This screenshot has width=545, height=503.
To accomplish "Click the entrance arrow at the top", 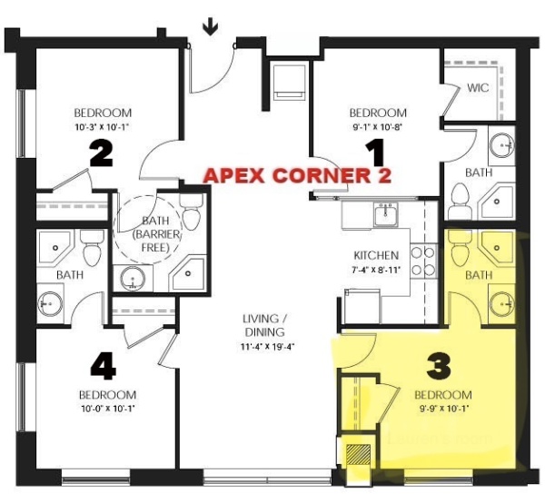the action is click(x=211, y=28).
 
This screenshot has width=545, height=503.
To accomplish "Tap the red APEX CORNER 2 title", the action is click(x=297, y=175).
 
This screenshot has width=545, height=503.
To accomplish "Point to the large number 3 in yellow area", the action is click(x=439, y=366).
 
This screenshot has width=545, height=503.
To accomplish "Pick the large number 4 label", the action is click(x=104, y=368).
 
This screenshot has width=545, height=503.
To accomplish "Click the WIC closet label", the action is click(x=478, y=87).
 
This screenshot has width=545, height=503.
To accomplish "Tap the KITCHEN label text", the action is click(x=376, y=255).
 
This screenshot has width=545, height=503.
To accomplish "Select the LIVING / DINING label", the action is click(x=264, y=325).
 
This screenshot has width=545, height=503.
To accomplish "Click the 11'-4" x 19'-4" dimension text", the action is click(x=268, y=347).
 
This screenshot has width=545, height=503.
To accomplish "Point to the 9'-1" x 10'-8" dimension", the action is click(x=378, y=127).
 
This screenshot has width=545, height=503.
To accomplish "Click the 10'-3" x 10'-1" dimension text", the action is click(x=102, y=127).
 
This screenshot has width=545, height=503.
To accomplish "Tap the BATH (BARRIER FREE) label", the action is click(x=155, y=234).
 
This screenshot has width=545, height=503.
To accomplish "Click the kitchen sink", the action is click(x=386, y=214).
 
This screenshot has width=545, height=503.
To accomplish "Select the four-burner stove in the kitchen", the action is click(x=423, y=261).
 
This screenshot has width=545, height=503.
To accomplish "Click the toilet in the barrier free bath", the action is click(x=191, y=213).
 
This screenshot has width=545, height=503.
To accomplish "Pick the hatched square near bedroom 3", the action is click(x=359, y=455).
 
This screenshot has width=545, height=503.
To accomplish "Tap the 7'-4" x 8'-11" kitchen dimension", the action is click(x=376, y=270).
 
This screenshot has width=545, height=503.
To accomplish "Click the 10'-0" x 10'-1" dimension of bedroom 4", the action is click(x=108, y=409).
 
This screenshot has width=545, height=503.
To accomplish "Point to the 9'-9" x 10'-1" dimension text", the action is click(x=444, y=409).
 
